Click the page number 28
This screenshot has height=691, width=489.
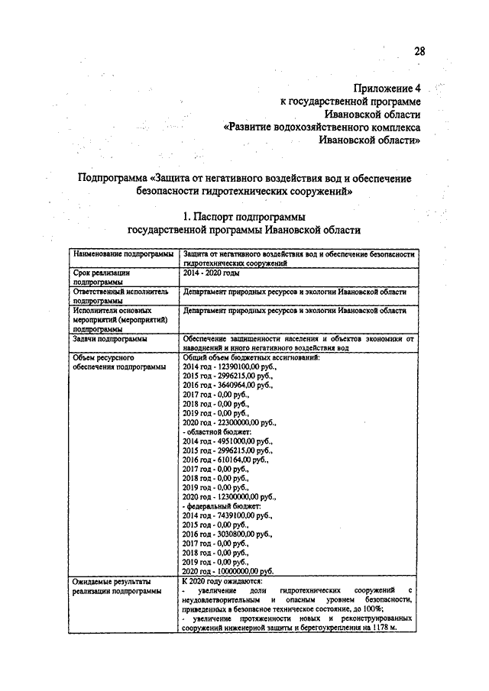(419, 52)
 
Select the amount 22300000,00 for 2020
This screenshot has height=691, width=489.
(244, 421)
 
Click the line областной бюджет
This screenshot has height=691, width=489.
(214, 431)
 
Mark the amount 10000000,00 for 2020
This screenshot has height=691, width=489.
(244, 570)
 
